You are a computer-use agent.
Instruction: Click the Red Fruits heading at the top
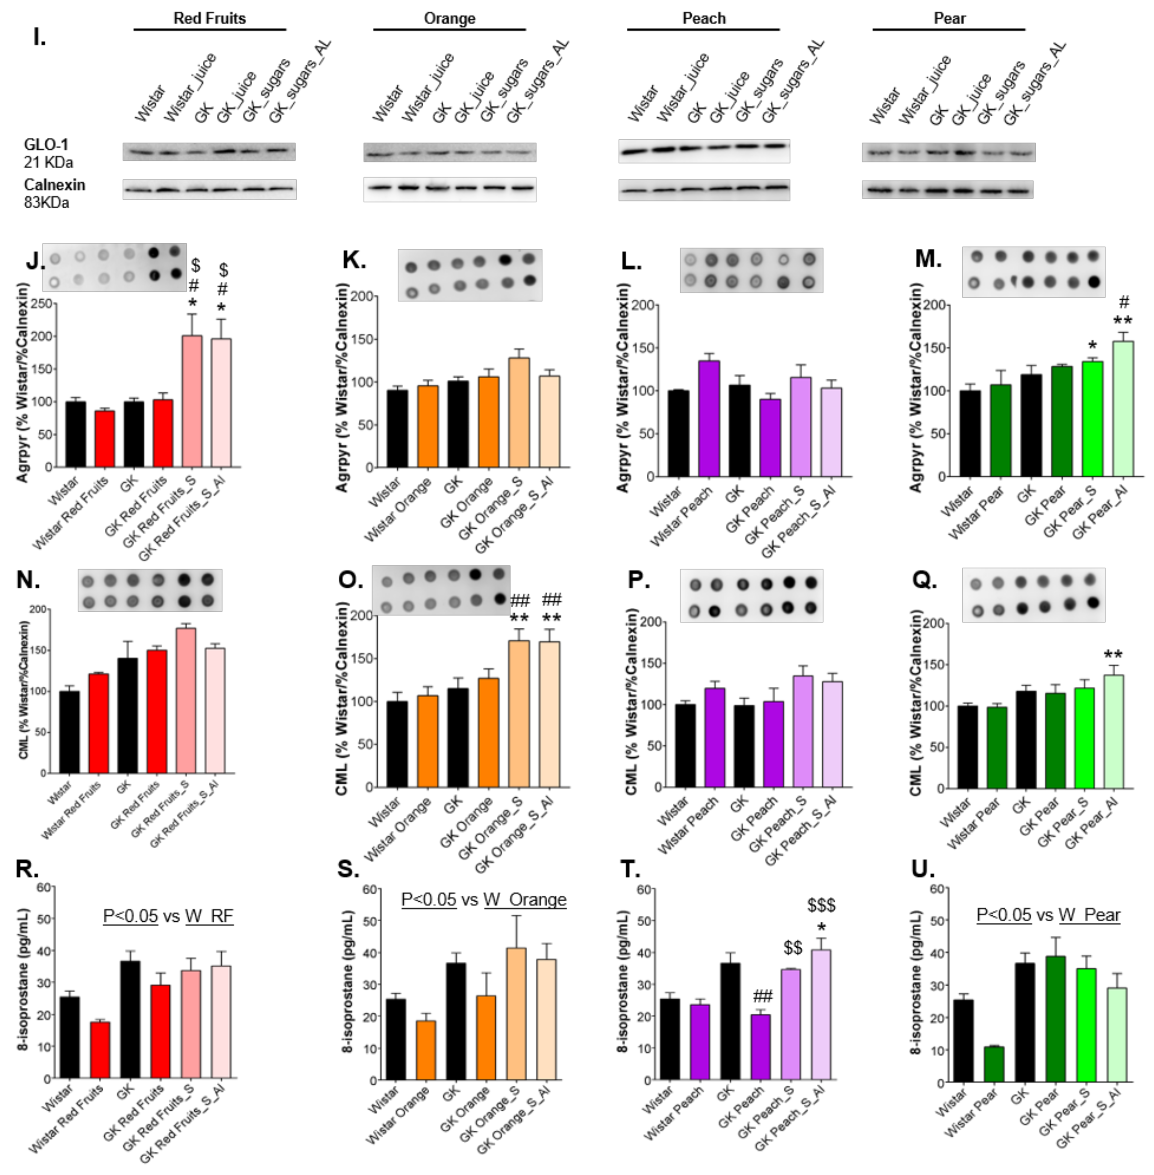click(x=210, y=18)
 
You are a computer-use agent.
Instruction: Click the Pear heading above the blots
click(x=949, y=18)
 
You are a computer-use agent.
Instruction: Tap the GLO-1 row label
click(x=46, y=145)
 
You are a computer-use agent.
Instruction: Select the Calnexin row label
click(x=54, y=185)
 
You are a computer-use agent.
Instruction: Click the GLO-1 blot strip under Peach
click(x=704, y=150)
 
